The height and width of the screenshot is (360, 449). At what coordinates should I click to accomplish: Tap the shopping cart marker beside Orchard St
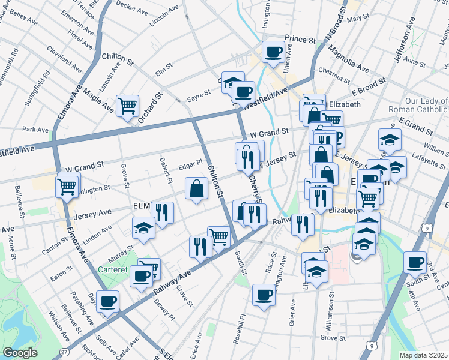pos(127,106)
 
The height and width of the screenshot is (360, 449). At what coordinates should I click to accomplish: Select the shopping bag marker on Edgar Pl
pos(196,188)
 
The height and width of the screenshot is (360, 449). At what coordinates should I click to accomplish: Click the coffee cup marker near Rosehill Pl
pos(263,295)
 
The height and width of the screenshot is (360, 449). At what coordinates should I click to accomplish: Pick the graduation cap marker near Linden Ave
pos(143,228)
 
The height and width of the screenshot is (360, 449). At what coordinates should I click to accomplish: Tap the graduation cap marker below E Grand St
pos(390,140)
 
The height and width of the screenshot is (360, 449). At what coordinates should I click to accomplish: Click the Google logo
pos(20,352)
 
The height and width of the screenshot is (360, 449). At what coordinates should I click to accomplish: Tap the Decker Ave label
pos(131,7)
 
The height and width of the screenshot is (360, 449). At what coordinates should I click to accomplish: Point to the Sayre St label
pos(199,94)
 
